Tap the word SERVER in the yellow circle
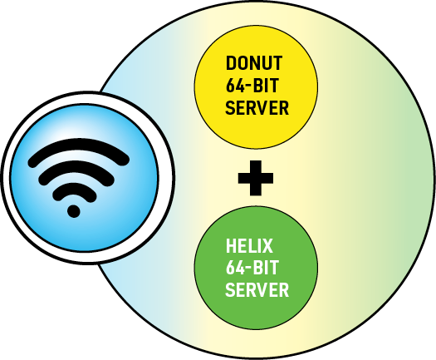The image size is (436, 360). pos(257,107)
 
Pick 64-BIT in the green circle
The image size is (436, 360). pos(252,268)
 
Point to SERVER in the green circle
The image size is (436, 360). pos(257,290)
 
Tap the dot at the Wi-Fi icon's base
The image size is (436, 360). pos(74,211)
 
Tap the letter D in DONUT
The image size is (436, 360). pos(231,63)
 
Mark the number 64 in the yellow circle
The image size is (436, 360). pos(233,85)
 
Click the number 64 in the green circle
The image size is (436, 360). pos(233,268)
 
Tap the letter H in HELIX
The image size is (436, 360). pos(230,246)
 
